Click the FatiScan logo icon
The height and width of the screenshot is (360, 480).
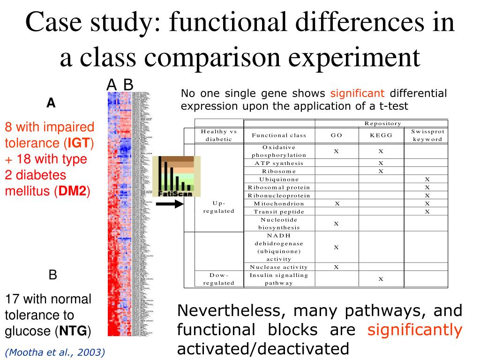click(x=176, y=176)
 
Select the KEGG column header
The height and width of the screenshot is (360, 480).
click(x=381, y=135)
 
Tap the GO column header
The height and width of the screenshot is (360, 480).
click(x=336, y=135)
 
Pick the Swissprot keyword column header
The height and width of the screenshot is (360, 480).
click(x=427, y=135)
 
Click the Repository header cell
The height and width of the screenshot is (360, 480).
click(x=382, y=123)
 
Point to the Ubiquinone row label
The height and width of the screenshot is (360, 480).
click(x=279, y=179)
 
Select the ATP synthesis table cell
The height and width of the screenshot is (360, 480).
click(x=279, y=163)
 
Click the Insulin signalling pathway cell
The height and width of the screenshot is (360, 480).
click(x=279, y=279)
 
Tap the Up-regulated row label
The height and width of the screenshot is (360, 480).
click(x=218, y=207)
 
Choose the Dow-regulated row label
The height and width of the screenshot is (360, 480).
click(x=218, y=279)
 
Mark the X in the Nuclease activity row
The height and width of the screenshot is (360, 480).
click(x=336, y=267)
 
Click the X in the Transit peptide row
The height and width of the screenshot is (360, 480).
click(x=427, y=211)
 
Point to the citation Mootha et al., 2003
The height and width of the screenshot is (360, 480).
click(x=55, y=352)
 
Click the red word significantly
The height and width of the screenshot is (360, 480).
click(x=414, y=330)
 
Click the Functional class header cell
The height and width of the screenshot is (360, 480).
click(x=279, y=135)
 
